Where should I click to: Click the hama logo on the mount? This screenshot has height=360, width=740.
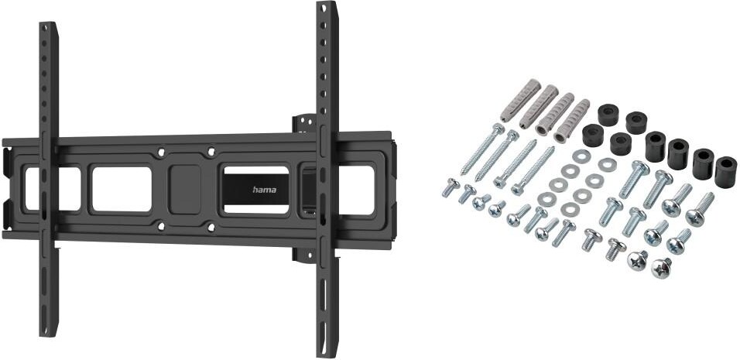(x=265, y=190)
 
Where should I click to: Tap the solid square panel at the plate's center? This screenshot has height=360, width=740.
(x=185, y=189)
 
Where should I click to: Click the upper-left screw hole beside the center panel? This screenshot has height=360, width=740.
(x=161, y=153)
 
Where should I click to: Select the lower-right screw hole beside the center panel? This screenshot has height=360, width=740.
(x=211, y=228)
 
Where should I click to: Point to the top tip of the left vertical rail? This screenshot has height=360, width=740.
(x=49, y=22)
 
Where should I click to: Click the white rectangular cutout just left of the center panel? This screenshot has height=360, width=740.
(x=122, y=189)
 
